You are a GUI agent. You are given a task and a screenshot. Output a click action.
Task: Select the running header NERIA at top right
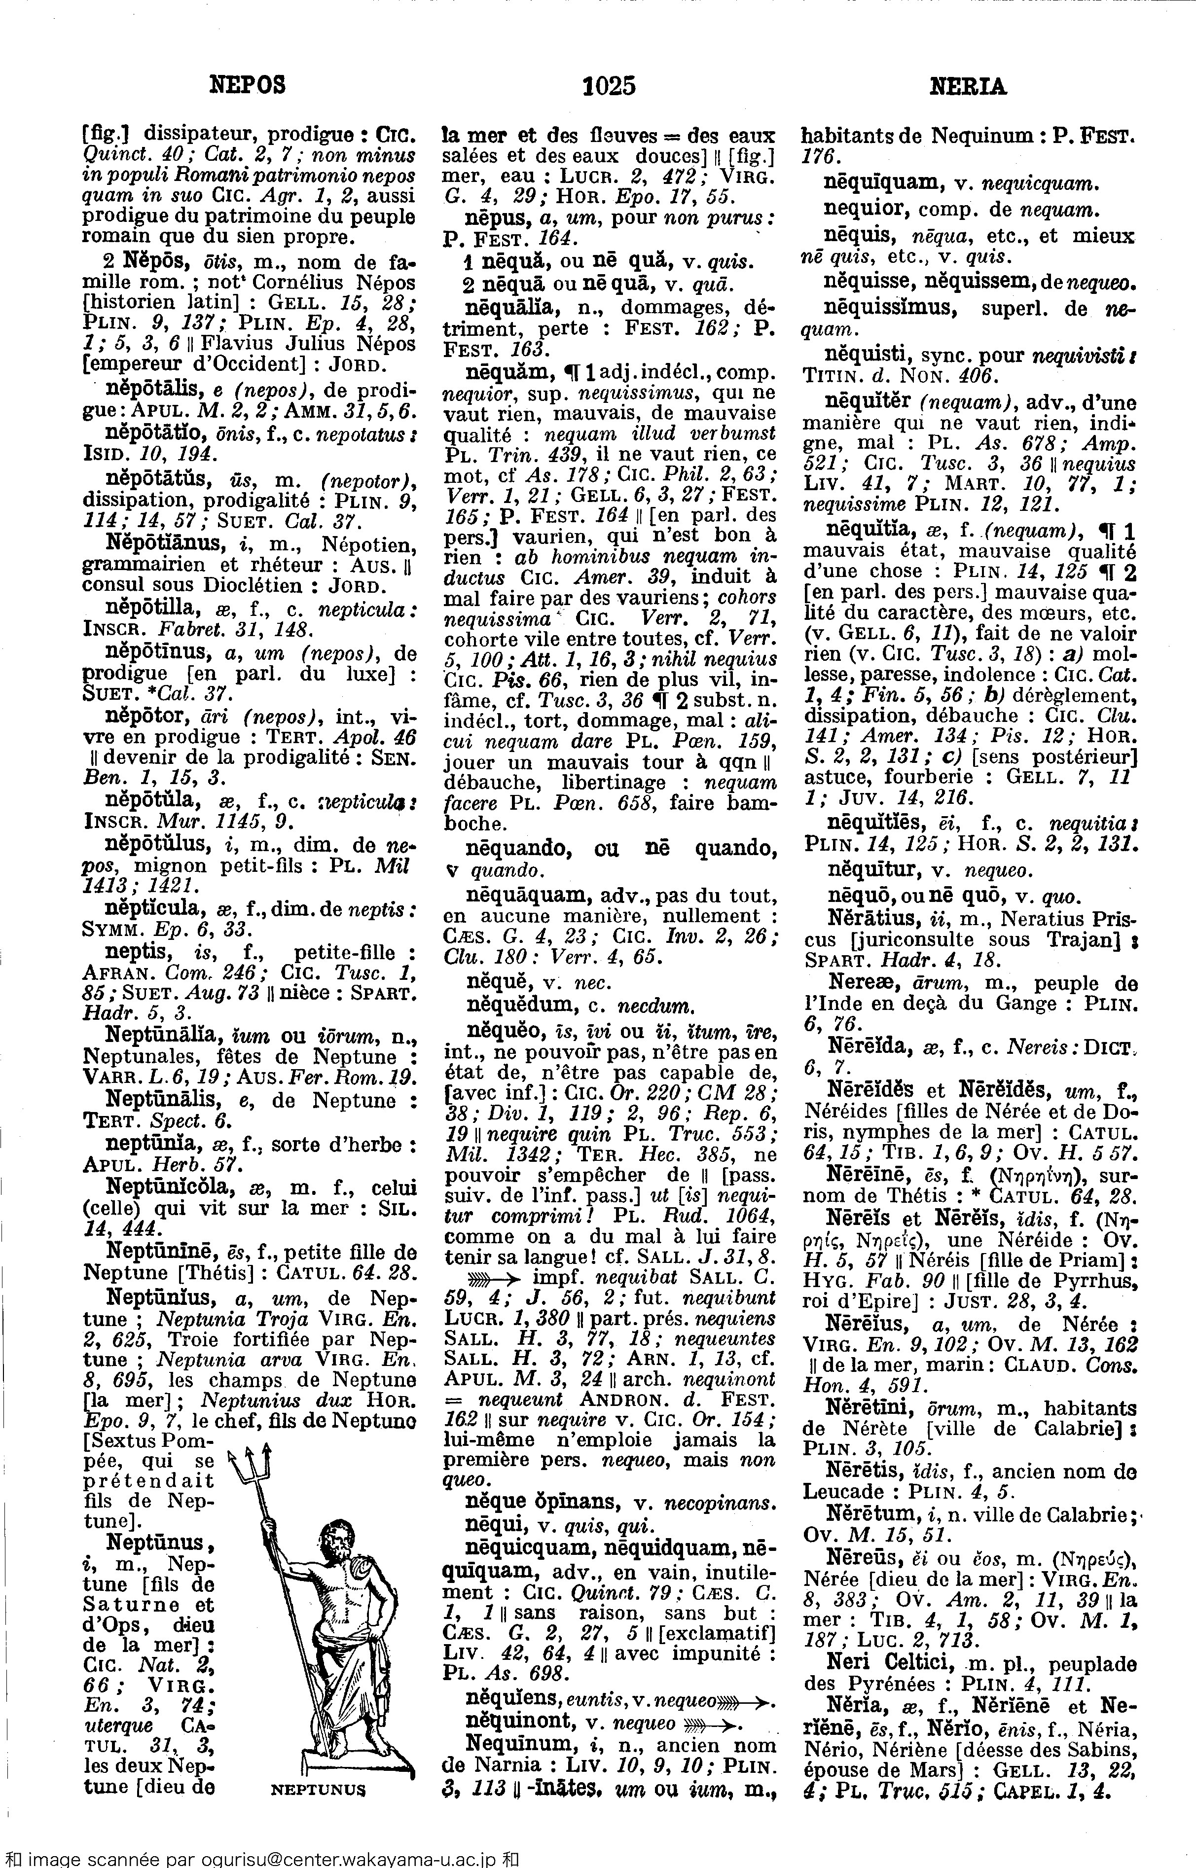pos(968,86)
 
